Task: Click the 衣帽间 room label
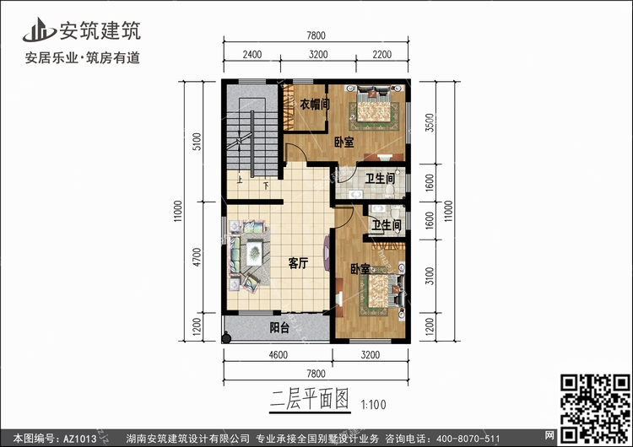coord(315,105)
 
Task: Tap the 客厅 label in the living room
coord(298,263)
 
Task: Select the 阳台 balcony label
coord(279,327)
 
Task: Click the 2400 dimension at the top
coord(252,54)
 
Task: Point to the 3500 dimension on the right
coord(430,122)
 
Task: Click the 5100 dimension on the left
coord(196,142)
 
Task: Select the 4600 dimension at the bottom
coord(279,354)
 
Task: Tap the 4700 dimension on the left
coord(196,257)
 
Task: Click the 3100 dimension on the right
coord(430,276)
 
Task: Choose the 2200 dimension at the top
coord(381,54)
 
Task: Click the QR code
coord(596,408)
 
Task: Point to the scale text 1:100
coord(373,404)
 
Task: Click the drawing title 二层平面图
coord(309,399)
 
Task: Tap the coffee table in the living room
coord(255,252)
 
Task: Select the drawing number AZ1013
coord(80,439)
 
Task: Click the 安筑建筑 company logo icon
coord(39,30)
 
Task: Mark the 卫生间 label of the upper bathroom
coord(380,178)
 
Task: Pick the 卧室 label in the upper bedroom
coord(344,142)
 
